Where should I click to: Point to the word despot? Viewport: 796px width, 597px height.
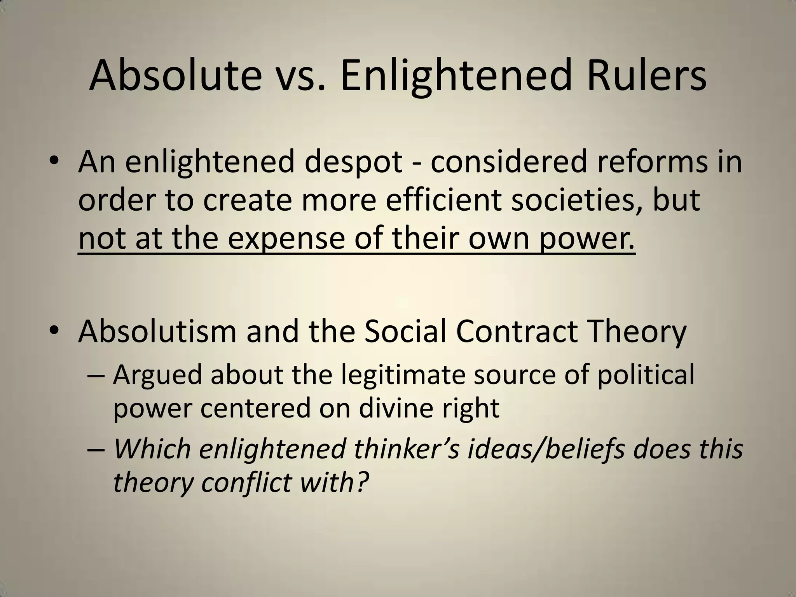click(353, 162)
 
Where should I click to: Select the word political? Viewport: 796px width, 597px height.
click(646, 376)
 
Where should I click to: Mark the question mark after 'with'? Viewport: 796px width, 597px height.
click(361, 482)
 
